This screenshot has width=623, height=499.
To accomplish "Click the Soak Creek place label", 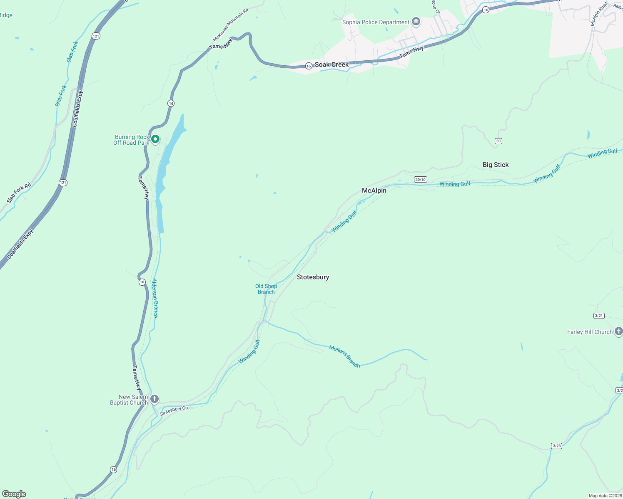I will (331, 64).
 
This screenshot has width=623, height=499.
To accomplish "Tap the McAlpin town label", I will (374, 190).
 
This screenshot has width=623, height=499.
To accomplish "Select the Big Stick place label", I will (496, 165).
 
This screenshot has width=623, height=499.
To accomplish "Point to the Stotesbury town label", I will (313, 277).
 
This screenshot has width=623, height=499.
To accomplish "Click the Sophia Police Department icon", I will (416, 22).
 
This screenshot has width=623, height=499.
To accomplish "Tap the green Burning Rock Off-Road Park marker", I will (155, 139).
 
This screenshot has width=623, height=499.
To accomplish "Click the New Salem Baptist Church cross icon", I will (154, 399).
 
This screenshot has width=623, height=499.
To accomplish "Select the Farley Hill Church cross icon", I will (618, 331).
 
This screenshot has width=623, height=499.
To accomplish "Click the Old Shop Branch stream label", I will (266, 289).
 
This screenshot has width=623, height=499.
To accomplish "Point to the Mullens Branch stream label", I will (344, 356).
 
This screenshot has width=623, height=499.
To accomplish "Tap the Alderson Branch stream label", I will (155, 298).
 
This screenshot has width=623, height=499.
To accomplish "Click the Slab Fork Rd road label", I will (19, 193).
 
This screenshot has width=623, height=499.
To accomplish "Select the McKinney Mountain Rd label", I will (230, 25).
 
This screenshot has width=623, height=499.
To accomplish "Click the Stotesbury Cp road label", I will (174, 410).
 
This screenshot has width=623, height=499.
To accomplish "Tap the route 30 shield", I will (498, 141).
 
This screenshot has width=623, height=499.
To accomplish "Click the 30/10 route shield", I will (420, 180).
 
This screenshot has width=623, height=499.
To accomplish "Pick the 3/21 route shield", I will (599, 316).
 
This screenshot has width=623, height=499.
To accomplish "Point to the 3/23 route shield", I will (556, 446).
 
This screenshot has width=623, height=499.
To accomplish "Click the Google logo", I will (14, 494).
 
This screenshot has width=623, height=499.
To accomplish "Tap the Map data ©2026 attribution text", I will (605, 496).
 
